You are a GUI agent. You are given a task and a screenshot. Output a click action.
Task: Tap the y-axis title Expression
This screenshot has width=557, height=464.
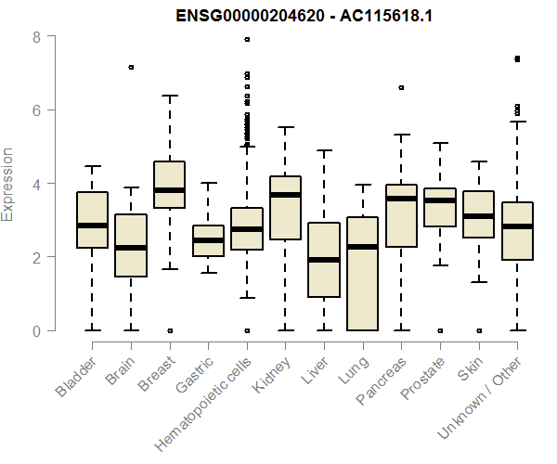(8, 184)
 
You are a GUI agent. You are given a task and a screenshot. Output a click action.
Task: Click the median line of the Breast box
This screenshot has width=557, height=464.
(169, 190)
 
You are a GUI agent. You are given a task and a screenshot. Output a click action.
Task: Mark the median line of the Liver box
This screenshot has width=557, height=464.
(324, 260)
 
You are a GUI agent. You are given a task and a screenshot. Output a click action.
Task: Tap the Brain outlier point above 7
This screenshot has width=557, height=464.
(131, 68)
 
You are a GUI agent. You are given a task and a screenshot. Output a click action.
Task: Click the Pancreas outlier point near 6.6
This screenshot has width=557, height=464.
(401, 87)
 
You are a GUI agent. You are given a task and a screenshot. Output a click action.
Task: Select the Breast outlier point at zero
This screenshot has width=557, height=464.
(169, 330)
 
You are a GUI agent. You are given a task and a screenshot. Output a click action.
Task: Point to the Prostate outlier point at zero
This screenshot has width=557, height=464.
(440, 330)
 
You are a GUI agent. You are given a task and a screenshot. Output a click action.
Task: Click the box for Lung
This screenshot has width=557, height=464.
(362, 274)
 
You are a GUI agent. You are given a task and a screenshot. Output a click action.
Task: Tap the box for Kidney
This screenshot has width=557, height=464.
(285, 208)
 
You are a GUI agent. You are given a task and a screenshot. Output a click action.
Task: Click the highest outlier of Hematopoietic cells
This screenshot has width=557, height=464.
(247, 40)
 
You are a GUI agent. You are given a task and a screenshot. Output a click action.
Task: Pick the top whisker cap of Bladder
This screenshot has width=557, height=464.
(92, 166)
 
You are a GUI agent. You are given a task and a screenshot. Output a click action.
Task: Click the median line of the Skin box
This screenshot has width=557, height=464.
(478, 216)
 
